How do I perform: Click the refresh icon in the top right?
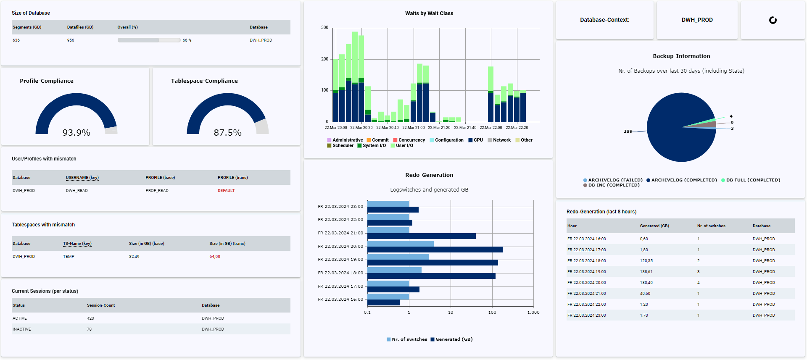coord(773,20)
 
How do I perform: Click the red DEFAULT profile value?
coord(226,191)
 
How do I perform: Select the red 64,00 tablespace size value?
coord(214,257)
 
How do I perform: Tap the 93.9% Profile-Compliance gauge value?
coord(76,133)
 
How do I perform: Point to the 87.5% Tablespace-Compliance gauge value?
coord(227,133)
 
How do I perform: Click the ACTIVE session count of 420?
coord(90,318)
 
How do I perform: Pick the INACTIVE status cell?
coord(22,329)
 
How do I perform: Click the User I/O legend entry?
coord(404,146)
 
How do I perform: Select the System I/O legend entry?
coord(374,146)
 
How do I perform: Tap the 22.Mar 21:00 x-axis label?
coord(413,128)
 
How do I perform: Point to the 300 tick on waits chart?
coord(325,28)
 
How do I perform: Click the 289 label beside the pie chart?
coord(628,131)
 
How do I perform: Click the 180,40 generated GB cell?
coord(646,283)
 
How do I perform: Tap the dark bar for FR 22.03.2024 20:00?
coord(435,250)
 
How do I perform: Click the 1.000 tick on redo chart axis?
coord(533,313)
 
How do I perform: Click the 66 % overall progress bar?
coord(149,40)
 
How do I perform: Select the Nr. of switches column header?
coord(711,226)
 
